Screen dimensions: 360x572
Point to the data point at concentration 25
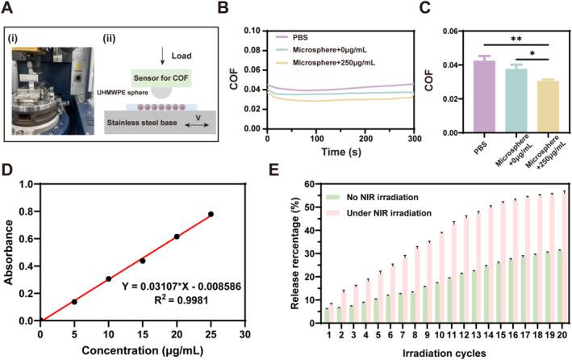[x=211, y=214]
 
